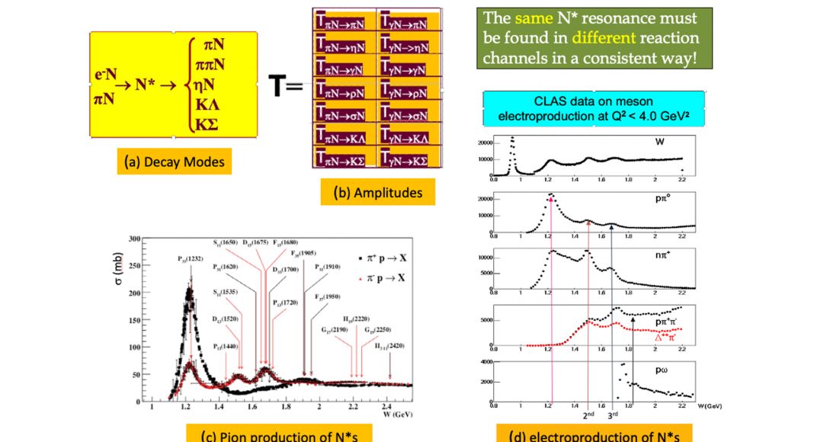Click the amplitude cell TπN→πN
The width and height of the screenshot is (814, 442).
tap(344, 24)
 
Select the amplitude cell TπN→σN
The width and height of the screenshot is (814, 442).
tap(344, 115)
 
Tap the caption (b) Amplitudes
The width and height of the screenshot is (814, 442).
tap(378, 192)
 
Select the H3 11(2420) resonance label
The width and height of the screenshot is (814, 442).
tap(389, 347)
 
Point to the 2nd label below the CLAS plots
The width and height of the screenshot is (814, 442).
tap(588, 415)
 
